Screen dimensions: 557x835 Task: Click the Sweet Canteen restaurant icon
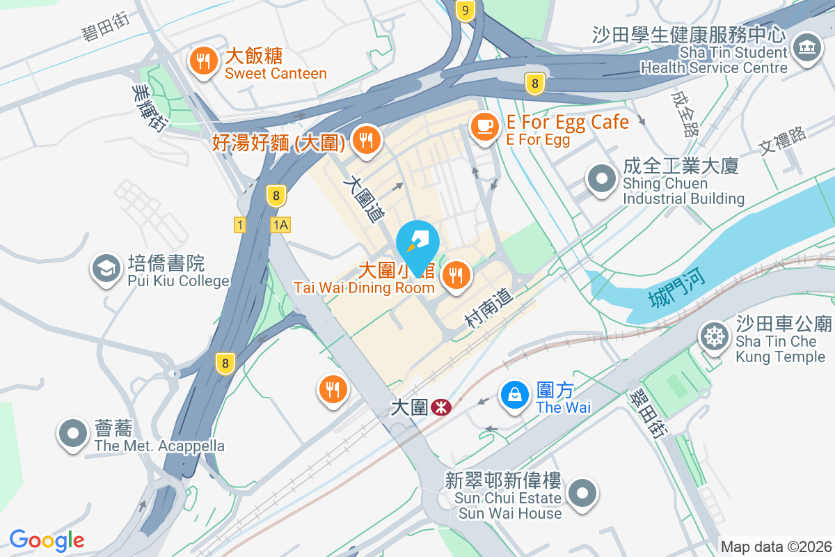coord(202,62)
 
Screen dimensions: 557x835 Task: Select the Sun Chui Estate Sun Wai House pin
coord(582,494)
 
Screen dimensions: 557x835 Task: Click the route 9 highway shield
coord(466,10)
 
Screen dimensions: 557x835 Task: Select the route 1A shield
coord(280,225)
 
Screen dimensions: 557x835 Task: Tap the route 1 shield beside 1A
coord(240,225)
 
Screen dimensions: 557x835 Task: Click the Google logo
coord(47,540)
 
